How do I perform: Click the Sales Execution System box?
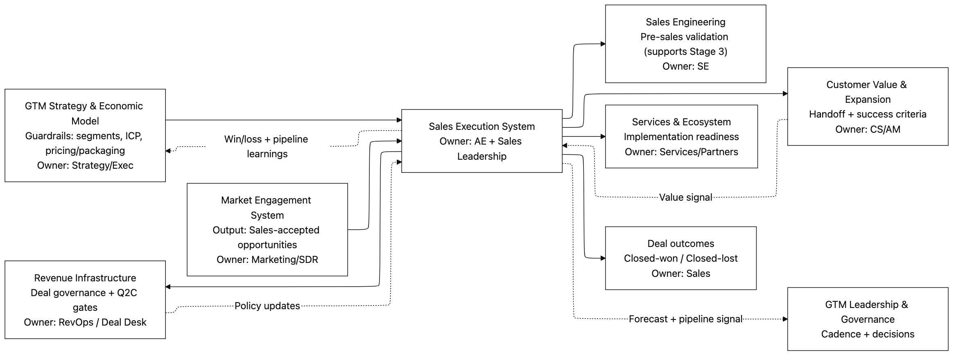(481, 141)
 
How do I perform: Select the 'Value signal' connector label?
(685, 197)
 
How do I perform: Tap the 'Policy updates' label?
(267, 306)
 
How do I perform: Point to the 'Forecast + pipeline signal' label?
(685, 319)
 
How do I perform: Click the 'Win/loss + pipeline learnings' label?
(267, 146)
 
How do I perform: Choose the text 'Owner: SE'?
(685, 66)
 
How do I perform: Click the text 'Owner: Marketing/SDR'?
(267, 260)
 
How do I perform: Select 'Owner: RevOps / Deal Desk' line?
(85, 322)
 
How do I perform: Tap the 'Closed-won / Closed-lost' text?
(680, 258)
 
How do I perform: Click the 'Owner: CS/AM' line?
(868, 129)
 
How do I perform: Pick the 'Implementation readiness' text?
(681, 137)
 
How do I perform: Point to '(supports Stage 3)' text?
(685, 52)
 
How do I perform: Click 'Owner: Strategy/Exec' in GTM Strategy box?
(85, 165)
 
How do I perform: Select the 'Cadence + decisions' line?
(868, 334)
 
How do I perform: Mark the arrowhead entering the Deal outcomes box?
(603, 258)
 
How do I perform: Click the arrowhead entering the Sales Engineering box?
(603, 44)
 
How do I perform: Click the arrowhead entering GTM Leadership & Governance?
(785, 319)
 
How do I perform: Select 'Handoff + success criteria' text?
(868, 114)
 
